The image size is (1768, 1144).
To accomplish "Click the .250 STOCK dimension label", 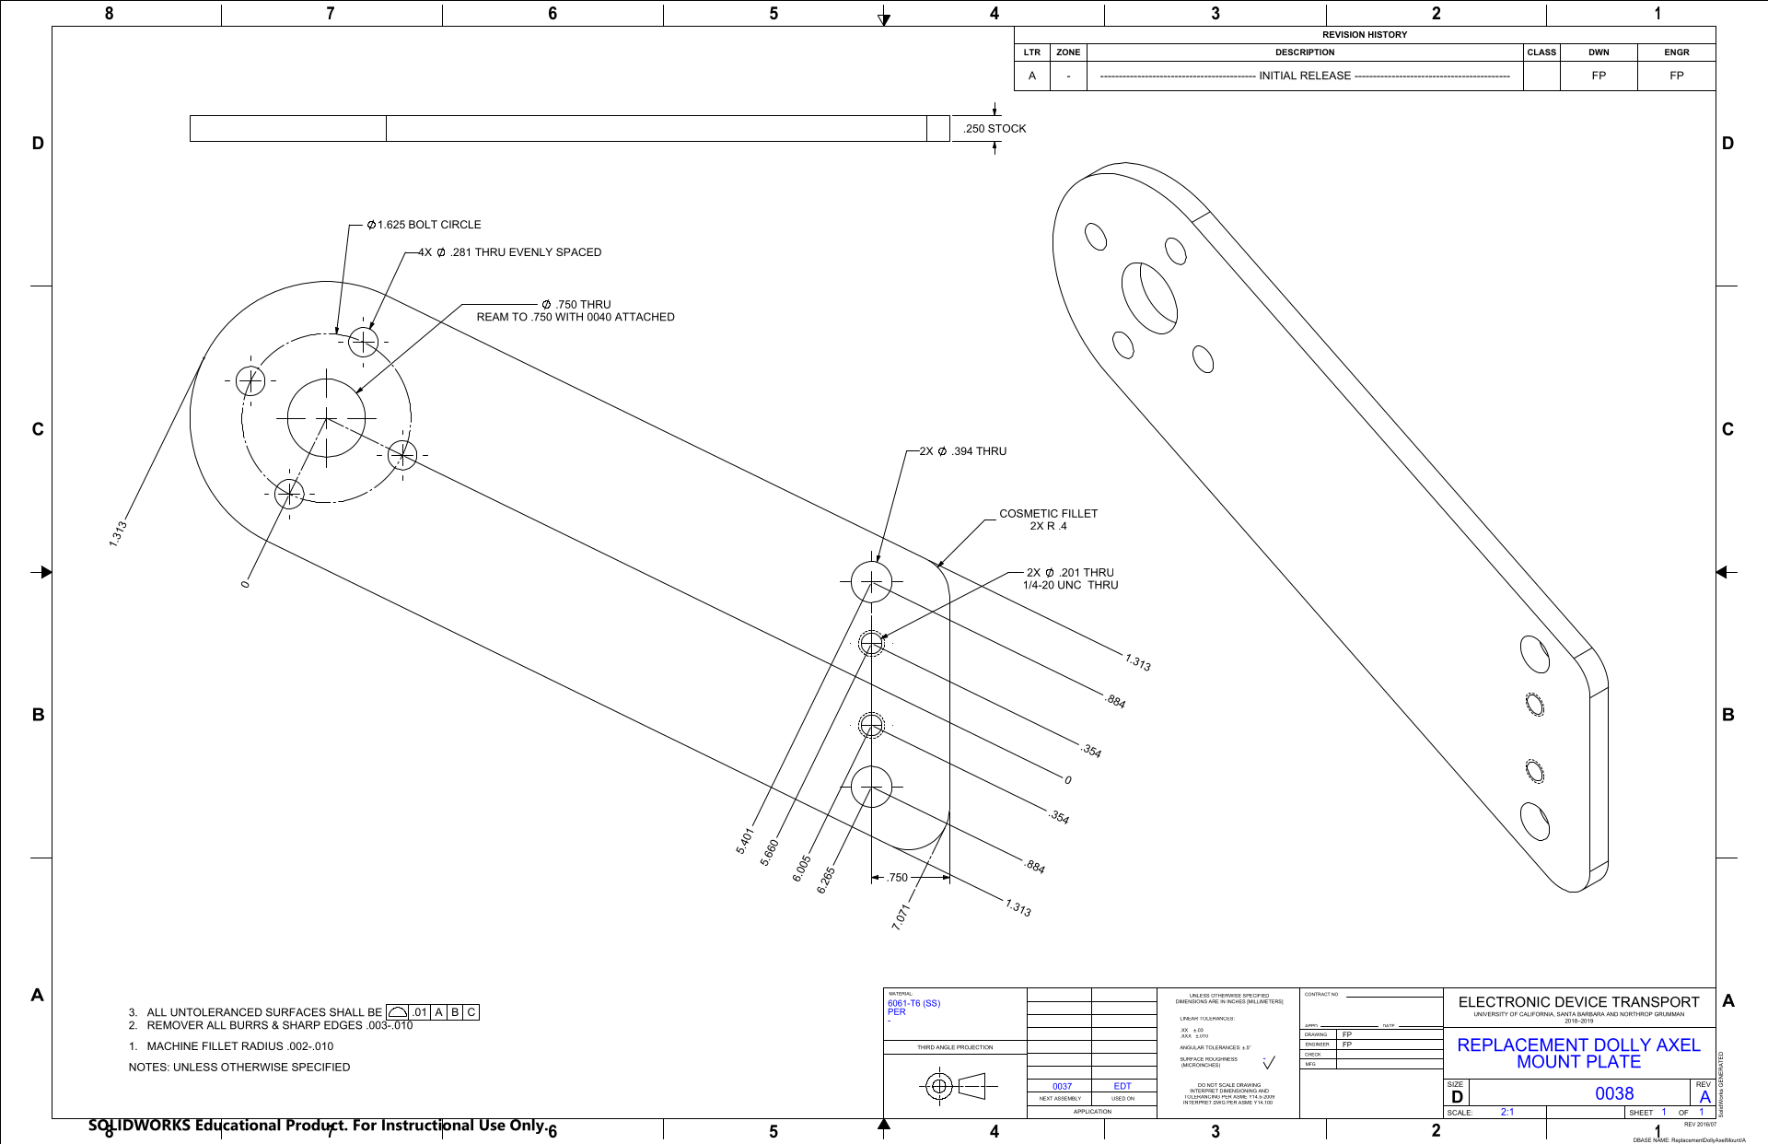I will [994, 129].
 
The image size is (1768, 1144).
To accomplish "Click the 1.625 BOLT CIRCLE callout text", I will [424, 225].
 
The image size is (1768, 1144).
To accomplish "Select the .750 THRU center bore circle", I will [326, 418].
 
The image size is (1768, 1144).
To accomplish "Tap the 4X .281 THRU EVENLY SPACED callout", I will [510, 252].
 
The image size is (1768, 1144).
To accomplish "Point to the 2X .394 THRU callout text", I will [963, 451].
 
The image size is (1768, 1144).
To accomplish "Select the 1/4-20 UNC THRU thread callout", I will [1070, 586].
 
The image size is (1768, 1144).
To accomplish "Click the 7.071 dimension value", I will [901, 916].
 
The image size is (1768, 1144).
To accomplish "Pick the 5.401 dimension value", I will [745, 841].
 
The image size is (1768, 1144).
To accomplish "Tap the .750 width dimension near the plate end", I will [898, 878].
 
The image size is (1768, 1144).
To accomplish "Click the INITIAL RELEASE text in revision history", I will [1305, 76].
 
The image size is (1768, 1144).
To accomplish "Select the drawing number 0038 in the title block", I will [1614, 1093].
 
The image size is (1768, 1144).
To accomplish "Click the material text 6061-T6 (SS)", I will [913, 1003].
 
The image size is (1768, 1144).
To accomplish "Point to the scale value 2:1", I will [1507, 1112].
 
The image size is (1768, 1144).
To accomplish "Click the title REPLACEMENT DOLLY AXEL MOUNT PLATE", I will [1578, 1054].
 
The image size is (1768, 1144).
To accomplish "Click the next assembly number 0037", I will [1062, 1087].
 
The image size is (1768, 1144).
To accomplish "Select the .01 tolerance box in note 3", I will [420, 1012].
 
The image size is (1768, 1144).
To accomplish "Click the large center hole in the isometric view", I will [1149, 298].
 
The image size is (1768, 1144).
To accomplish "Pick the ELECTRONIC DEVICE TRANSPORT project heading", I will [1578, 1002].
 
